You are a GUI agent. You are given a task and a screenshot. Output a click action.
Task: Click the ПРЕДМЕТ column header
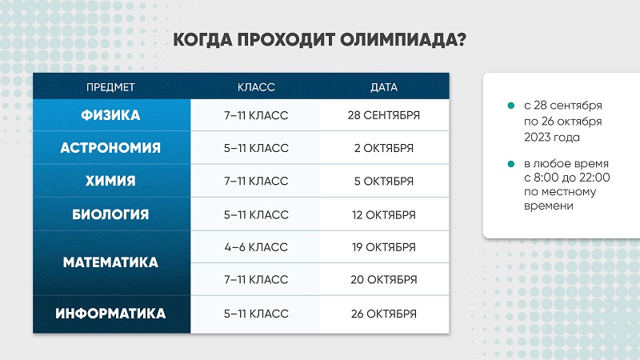110,87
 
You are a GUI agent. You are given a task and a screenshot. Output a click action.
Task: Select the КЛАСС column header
256,87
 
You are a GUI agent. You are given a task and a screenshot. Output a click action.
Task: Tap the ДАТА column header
384,87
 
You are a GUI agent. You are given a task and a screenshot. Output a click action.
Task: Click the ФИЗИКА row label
110,115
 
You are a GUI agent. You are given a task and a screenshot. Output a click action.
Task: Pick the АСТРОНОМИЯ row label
110,148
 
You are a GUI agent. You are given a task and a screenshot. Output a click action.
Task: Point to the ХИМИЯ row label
110,181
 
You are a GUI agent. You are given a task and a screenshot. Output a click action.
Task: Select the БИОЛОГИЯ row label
110,214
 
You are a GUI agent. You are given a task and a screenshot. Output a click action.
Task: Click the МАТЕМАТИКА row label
110,262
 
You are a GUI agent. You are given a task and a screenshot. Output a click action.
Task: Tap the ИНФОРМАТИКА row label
110,314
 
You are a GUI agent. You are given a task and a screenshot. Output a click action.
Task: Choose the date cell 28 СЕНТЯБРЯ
384,115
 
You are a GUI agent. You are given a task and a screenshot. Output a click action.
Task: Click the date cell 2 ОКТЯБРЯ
384,148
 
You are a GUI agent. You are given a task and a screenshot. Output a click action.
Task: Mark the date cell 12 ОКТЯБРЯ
384,215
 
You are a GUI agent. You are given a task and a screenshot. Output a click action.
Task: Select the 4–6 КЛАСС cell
256,247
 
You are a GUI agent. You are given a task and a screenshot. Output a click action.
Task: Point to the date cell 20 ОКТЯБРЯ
384,279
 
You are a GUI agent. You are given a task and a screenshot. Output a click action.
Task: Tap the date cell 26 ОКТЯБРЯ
384,314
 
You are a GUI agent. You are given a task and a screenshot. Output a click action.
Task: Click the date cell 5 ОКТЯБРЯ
384,182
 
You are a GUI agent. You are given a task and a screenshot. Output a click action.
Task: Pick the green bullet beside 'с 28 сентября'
510,106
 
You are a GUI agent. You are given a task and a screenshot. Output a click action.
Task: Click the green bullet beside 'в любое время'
510,164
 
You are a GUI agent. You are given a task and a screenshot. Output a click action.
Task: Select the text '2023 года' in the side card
552,137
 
